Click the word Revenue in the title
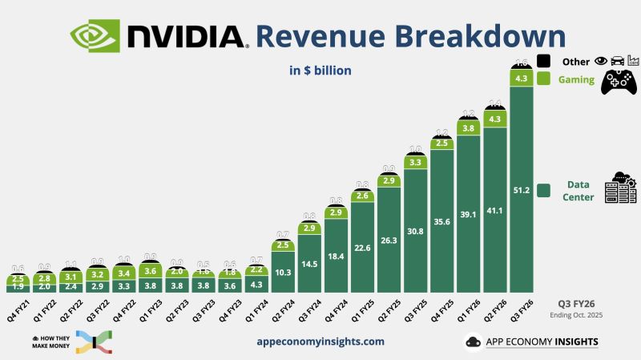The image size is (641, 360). point(320,35)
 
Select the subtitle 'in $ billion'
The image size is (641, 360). point(320,71)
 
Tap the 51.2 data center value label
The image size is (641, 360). point(522,190)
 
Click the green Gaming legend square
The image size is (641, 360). point(543,79)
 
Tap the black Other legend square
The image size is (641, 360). point(543,61)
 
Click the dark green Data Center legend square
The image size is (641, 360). point(543,190)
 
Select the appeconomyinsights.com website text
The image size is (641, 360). point(320,341)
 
